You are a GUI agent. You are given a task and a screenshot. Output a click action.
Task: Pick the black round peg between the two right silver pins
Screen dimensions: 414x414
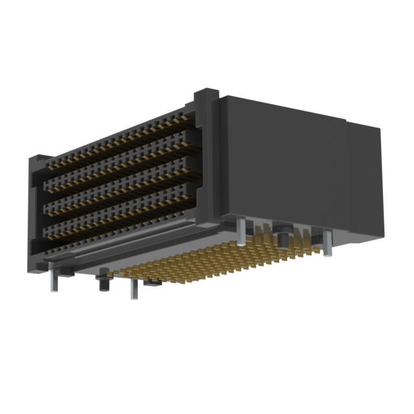283,234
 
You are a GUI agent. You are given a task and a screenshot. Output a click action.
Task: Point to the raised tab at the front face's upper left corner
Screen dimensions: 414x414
38,160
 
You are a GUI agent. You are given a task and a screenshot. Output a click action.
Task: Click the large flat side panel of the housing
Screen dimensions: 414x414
285,162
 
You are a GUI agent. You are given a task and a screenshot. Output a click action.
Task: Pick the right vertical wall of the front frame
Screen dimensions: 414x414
206,168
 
